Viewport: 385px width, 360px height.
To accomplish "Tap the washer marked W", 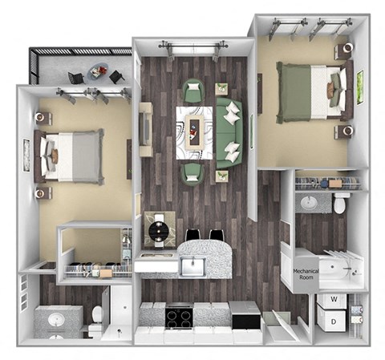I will point(332,302).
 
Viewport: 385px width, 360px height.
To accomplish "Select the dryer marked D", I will point(332,322).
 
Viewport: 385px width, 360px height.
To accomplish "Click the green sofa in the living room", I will point(229,131).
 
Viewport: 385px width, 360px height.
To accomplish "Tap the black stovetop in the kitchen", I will point(178,316).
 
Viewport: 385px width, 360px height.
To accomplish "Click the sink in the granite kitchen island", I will point(190,266).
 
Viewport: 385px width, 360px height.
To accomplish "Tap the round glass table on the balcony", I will point(99,71).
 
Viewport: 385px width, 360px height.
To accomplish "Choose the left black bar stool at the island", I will point(193,237).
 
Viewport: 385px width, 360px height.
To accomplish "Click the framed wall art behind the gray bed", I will point(26,155).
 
